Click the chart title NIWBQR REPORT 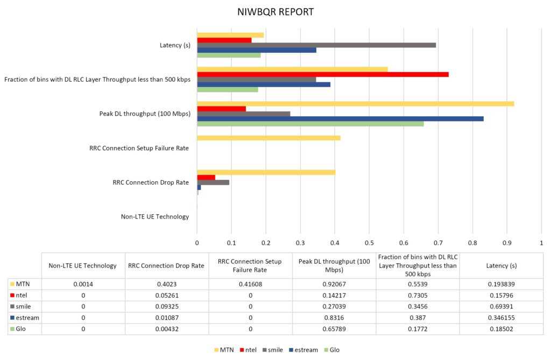275,11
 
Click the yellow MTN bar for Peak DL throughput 355,103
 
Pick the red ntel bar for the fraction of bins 323,74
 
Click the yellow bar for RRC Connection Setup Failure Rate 269,138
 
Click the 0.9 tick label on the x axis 507,242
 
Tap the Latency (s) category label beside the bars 172,45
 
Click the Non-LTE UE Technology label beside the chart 155,217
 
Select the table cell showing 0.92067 334,283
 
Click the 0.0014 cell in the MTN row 83,283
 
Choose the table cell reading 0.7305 418,294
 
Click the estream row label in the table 27,317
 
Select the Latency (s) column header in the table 500,265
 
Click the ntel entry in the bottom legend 248,350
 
